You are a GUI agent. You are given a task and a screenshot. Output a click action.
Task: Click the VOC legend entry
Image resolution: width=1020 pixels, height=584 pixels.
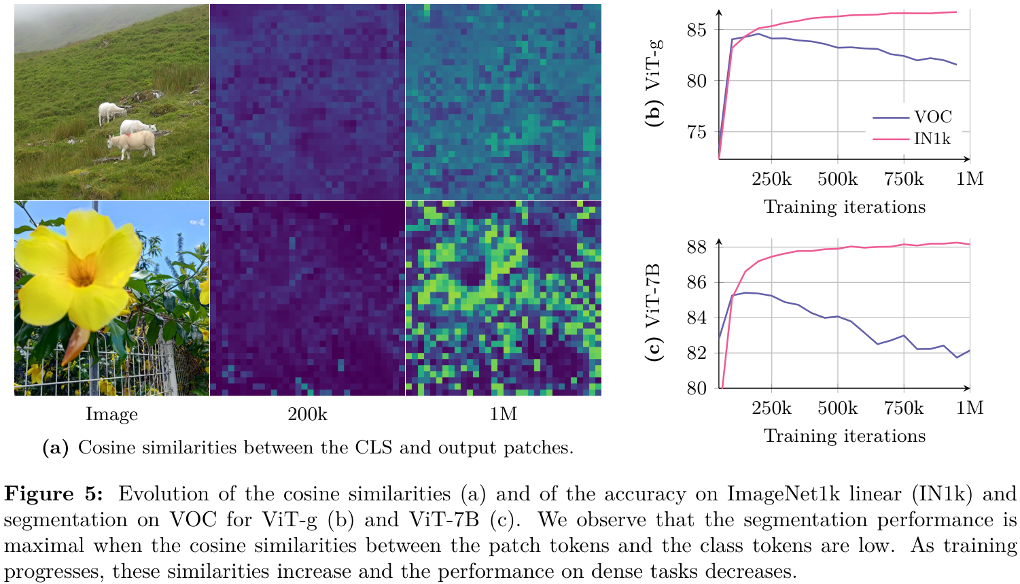pos(932,117)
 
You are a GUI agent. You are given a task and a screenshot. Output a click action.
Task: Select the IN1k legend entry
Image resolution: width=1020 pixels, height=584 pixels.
pos(932,139)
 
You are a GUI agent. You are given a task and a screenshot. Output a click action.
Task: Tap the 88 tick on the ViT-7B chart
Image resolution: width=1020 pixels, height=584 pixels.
pos(697,247)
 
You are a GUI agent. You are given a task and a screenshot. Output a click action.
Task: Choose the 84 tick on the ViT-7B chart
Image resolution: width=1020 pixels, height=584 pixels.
pos(697,317)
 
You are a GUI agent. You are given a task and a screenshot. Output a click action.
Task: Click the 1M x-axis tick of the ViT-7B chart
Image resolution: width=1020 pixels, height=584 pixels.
pos(970,408)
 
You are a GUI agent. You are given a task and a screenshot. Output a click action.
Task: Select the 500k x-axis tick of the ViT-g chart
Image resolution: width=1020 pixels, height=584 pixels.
pos(837,179)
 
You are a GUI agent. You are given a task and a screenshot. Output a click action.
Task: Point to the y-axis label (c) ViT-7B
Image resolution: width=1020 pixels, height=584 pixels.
pos(654,312)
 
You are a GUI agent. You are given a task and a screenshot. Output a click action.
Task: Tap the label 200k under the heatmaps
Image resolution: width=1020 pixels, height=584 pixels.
pos(307,414)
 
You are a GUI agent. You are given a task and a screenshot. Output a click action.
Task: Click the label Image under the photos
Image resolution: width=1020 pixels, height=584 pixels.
pos(111,414)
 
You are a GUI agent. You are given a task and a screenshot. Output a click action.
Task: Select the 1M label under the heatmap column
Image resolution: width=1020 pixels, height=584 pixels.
pos(504,414)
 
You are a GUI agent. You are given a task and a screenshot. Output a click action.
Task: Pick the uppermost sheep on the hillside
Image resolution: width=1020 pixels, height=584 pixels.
pos(111,112)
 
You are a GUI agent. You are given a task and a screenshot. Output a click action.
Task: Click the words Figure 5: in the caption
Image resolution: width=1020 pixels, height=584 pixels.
pos(54,494)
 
